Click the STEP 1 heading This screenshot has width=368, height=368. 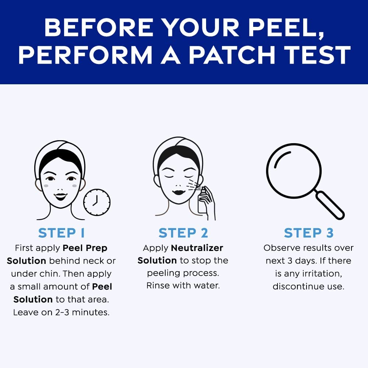click(61, 233)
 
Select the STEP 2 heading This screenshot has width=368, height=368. click(183, 233)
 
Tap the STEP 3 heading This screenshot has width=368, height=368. click(308, 233)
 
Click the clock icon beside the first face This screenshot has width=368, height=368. click(97, 202)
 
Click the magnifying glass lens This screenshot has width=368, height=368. click(294, 171)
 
